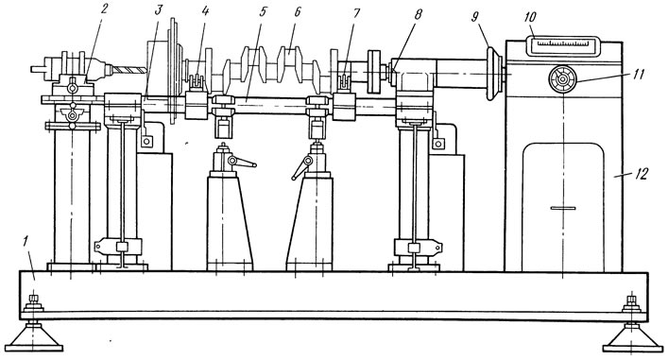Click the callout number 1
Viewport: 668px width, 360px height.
(26, 243)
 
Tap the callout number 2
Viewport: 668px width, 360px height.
(105, 9)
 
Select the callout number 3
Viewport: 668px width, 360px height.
(159, 10)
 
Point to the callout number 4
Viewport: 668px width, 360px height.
(205, 11)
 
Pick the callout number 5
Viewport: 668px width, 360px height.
(262, 11)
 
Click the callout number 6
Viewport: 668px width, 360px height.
(298, 11)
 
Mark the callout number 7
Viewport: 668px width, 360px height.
(356, 13)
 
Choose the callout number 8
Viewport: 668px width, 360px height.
(418, 14)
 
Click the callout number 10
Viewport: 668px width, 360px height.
(531, 17)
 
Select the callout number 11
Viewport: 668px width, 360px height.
(638, 74)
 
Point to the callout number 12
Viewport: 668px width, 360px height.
(641, 174)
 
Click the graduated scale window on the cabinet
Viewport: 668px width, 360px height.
(563, 45)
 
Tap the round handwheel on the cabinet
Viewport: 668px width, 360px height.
(562, 79)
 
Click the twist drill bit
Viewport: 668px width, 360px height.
(130, 70)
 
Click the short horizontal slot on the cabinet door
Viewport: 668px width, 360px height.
(563, 208)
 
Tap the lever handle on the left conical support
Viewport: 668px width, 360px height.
(242, 162)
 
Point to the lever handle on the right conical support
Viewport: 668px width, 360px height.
(302, 167)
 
